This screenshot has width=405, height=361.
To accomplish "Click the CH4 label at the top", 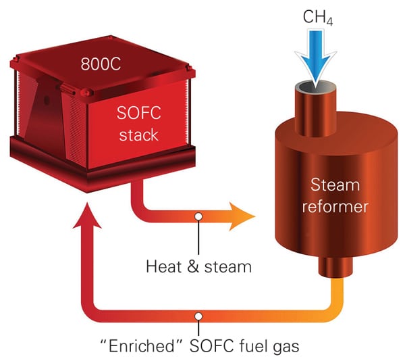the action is [317, 17].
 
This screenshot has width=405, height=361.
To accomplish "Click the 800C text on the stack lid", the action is [101, 64].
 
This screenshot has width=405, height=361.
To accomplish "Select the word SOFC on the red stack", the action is [138, 112].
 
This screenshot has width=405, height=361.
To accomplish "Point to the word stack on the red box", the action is [138, 135].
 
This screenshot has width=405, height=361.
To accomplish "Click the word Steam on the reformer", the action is [335, 185].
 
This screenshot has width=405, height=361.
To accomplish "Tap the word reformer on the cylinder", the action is [335, 206].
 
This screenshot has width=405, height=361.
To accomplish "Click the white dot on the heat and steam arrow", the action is [198, 216].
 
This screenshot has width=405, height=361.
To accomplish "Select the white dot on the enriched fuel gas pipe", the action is [198, 316].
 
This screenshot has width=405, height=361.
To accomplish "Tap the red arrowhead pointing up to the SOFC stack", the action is [87, 216].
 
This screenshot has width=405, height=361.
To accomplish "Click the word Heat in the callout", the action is [163, 266].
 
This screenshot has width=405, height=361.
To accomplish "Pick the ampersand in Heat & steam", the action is [193, 266].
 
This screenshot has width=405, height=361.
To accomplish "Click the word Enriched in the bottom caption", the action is [142, 345].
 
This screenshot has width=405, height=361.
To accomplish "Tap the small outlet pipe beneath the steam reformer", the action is [335, 267].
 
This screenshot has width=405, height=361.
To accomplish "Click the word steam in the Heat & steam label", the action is [228, 267].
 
